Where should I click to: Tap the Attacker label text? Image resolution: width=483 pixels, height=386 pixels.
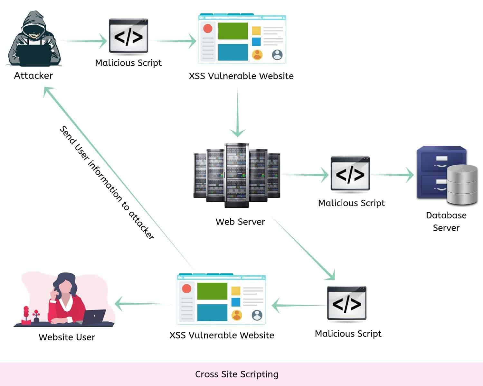tap(33, 76)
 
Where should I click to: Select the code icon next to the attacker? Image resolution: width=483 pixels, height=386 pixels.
tap(128, 36)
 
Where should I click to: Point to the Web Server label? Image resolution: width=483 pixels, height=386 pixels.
tap(240, 222)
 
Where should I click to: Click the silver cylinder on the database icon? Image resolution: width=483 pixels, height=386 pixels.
tap(462, 185)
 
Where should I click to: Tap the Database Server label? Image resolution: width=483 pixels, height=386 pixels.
tap(446, 221)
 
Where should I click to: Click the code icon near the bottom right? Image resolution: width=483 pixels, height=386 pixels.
tap(347, 303)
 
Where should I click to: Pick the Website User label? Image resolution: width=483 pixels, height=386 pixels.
tap(67, 337)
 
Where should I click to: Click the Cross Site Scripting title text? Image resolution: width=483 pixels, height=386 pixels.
tap(237, 374)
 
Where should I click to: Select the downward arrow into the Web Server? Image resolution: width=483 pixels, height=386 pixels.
tap(238, 113)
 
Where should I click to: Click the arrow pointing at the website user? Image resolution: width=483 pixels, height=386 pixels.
tap(142, 304)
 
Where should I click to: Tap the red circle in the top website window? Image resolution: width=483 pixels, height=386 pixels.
tap(208, 29)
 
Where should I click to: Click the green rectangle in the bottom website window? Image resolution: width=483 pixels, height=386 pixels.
tap(212, 291)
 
